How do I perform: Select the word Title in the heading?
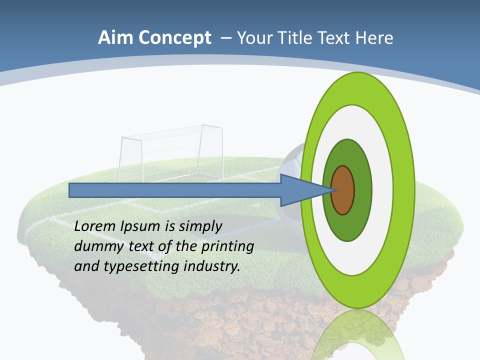pos(295,38)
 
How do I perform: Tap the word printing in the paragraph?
pos(227,246)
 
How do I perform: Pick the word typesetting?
pos(142,266)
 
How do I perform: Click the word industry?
pos(212,266)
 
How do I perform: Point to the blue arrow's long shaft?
pos(175,190)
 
